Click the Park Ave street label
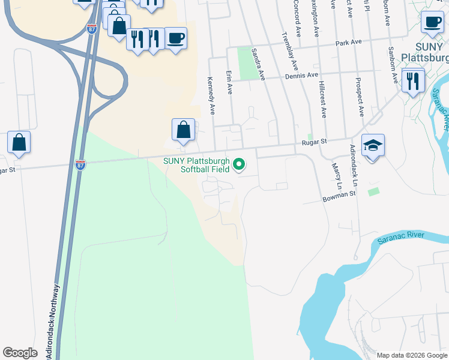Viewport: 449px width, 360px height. click(x=349, y=43)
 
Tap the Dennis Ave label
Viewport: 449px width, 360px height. click(x=304, y=76)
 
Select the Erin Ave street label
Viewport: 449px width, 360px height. click(x=229, y=82)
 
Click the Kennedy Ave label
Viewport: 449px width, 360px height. click(x=211, y=95)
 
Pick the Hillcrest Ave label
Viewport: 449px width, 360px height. click(x=323, y=100)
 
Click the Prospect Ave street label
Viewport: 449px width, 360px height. click(x=360, y=97)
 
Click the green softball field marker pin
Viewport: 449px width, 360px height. click(x=240, y=164)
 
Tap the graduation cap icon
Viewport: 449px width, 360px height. click(x=373, y=145)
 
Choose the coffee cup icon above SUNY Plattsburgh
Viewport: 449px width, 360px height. click(x=432, y=22)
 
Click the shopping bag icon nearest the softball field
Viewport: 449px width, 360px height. click(x=183, y=130)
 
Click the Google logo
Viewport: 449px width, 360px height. click(x=20, y=353)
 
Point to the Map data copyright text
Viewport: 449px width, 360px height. click(x=411, y=355)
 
